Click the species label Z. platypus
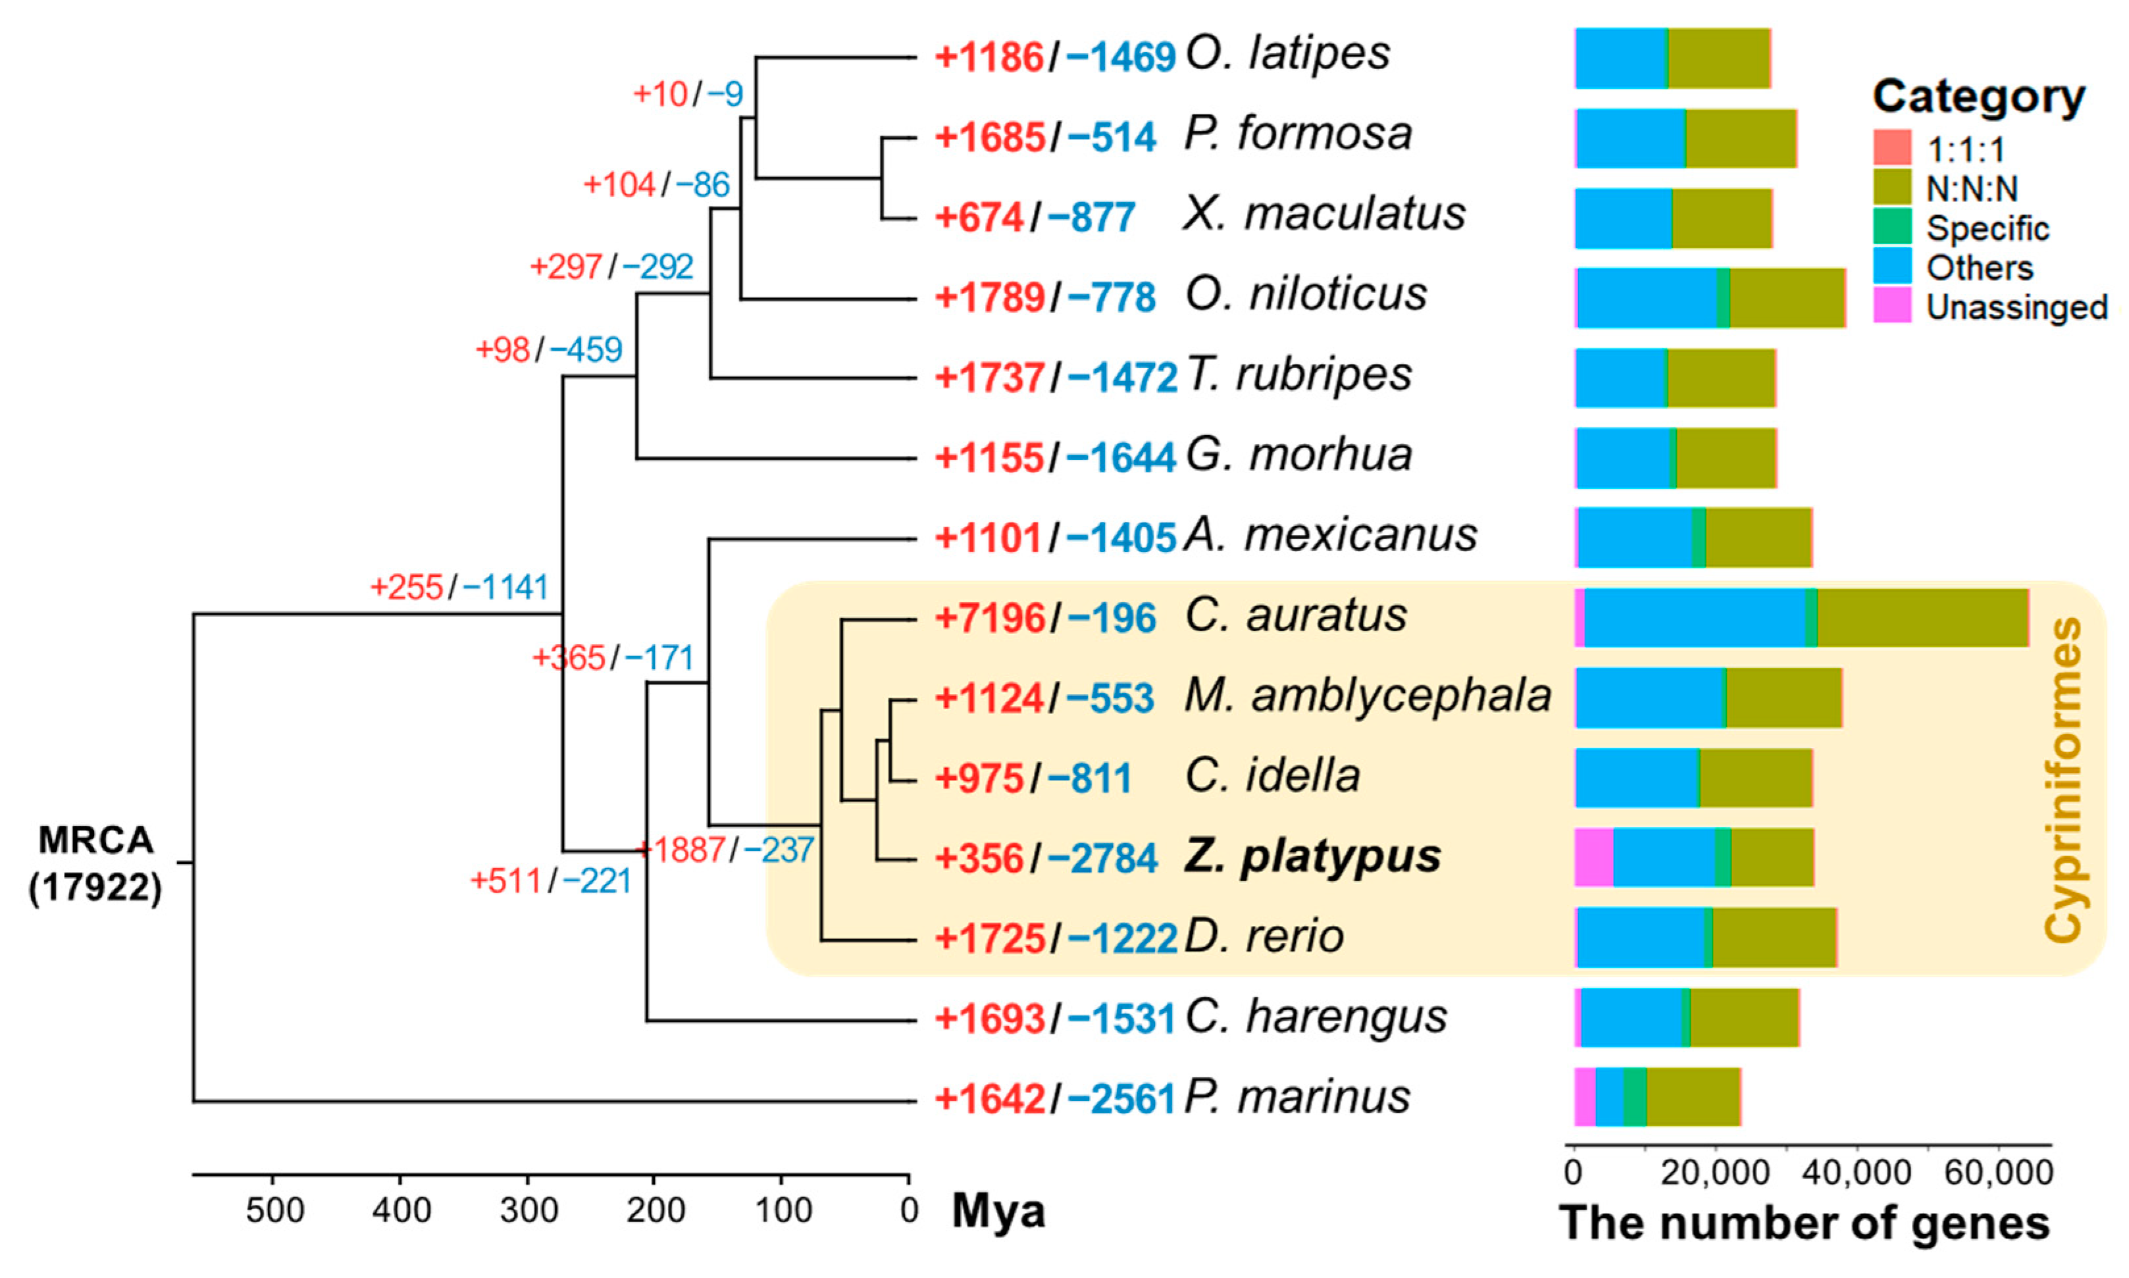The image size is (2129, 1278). (1312, 857)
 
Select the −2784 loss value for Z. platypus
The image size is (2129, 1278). (1111, 859)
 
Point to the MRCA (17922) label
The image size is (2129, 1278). (95, 863)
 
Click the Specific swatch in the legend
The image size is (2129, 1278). (1892, 227)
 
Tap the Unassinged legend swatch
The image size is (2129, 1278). (1892, 306)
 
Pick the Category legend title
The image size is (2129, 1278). (1978, 97)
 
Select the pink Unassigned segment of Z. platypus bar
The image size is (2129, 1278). (1593, 857)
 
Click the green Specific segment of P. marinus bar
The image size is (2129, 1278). (1634, 1096)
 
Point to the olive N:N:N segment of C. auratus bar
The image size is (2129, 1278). (1922, 617)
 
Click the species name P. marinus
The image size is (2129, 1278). (1297, 1097)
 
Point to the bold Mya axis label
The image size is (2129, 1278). (998, 1212)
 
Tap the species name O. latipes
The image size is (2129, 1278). (1287, 54)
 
